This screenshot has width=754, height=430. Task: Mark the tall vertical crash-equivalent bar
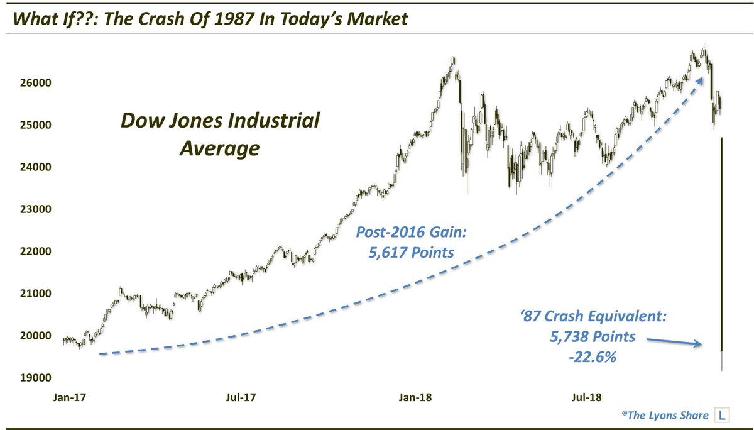coord(723,251)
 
